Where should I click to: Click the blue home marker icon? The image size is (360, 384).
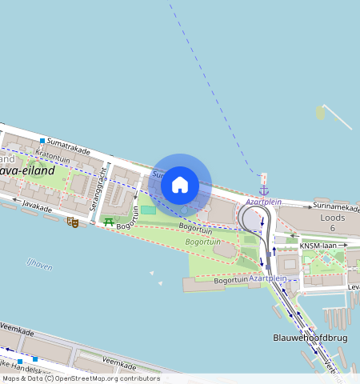coord(180,185)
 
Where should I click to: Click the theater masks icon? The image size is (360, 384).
coord(73,222)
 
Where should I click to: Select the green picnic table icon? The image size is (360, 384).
coord(108,222)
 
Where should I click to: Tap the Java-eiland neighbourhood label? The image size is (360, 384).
coord(28,170)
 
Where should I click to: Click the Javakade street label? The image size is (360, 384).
coord(38,208)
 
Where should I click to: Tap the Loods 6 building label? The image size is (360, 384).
coord(331,222)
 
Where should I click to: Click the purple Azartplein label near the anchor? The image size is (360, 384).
coord(263,202)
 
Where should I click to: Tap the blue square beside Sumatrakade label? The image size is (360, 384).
coord(42,142)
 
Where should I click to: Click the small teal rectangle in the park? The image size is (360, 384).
coord(148,210)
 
